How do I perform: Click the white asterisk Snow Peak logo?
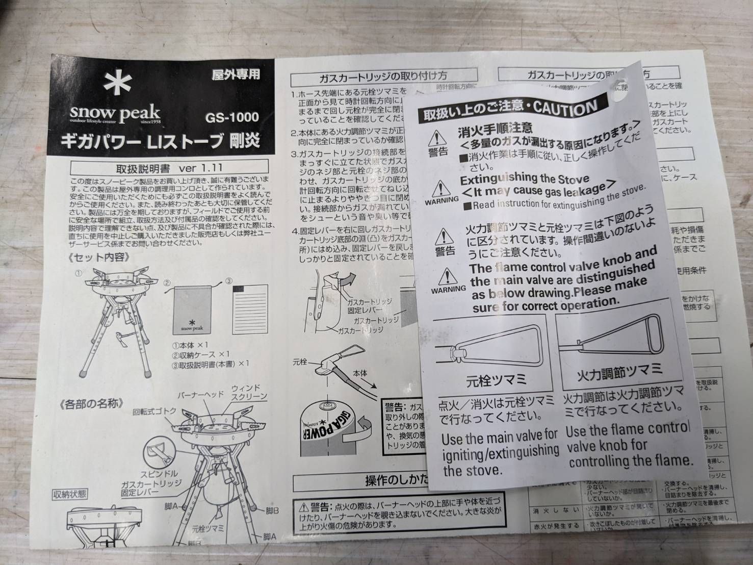(118, 84)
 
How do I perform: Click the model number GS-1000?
(232, 117)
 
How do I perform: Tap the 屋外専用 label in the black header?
(236, 74)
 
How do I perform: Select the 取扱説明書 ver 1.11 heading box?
(169, 167)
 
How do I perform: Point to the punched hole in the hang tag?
(620, 89)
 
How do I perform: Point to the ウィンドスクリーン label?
(249, 392)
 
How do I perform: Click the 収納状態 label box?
(70, 494)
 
